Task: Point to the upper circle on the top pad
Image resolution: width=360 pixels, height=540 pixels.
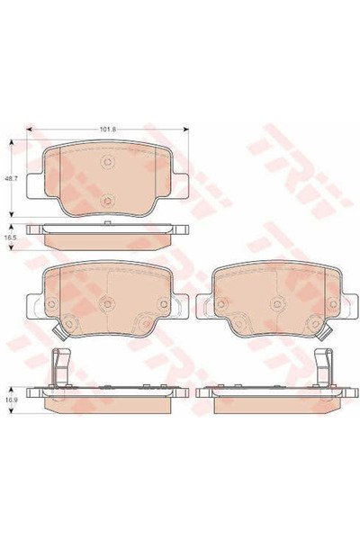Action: click(108, 161)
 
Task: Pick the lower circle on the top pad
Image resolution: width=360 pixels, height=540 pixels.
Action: click(108, 200)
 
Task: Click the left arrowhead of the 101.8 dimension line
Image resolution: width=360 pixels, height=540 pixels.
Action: click(29, 129)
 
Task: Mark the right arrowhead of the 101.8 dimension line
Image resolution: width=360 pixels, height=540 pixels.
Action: click(186, 129)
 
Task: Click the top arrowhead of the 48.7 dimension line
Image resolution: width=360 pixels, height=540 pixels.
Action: click(13, 142)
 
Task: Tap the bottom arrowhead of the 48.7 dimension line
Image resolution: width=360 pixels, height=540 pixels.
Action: click(13, 214)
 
